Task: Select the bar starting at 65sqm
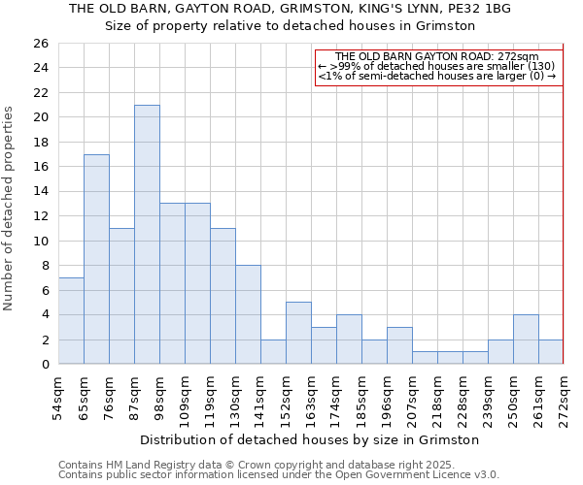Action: pyautogui.click(x=96, y=259)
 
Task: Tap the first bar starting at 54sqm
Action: pyautogui.click(x=71, y=321)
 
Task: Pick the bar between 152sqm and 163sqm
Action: pyautogui.click(x=298, y=333)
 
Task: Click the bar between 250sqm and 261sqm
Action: pyautogui.click(x=526, y=339)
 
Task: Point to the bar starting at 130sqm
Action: pyautogui.click(x=248, y=314)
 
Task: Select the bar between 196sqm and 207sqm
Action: pyautogui.click(x=399, y=345)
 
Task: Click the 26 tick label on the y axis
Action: pyautogui.click(x=40, y=44)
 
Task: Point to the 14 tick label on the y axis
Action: pyautogui.click(x=40, y=192)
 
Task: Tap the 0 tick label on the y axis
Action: pyautogui.click(x=44, y=365)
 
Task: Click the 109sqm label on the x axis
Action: pyautogui.click(x=185, y=399)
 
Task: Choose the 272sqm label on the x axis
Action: pyautogui.click(x=564, y=399)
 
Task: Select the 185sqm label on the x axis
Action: pyautogui.click(x=361, y=399)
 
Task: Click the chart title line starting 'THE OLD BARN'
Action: pyautogui.click(x=290, y=8)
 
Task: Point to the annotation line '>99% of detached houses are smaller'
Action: pyautogui.click(x=437, y=66)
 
